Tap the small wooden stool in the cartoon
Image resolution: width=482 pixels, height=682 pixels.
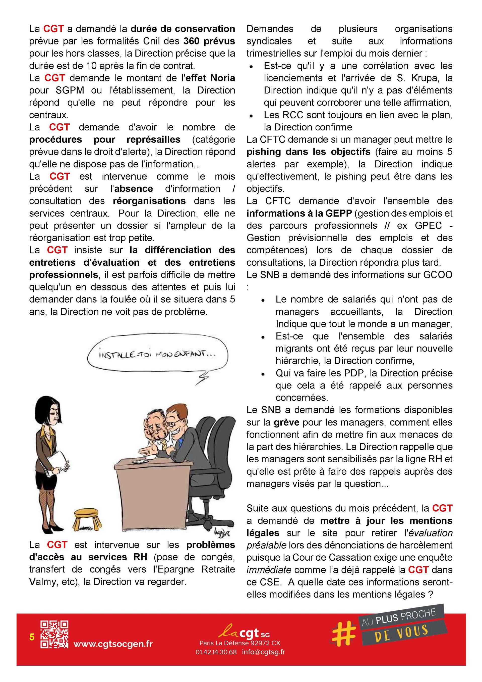pos(88,517)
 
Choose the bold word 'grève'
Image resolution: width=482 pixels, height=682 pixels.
pos(286,422)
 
